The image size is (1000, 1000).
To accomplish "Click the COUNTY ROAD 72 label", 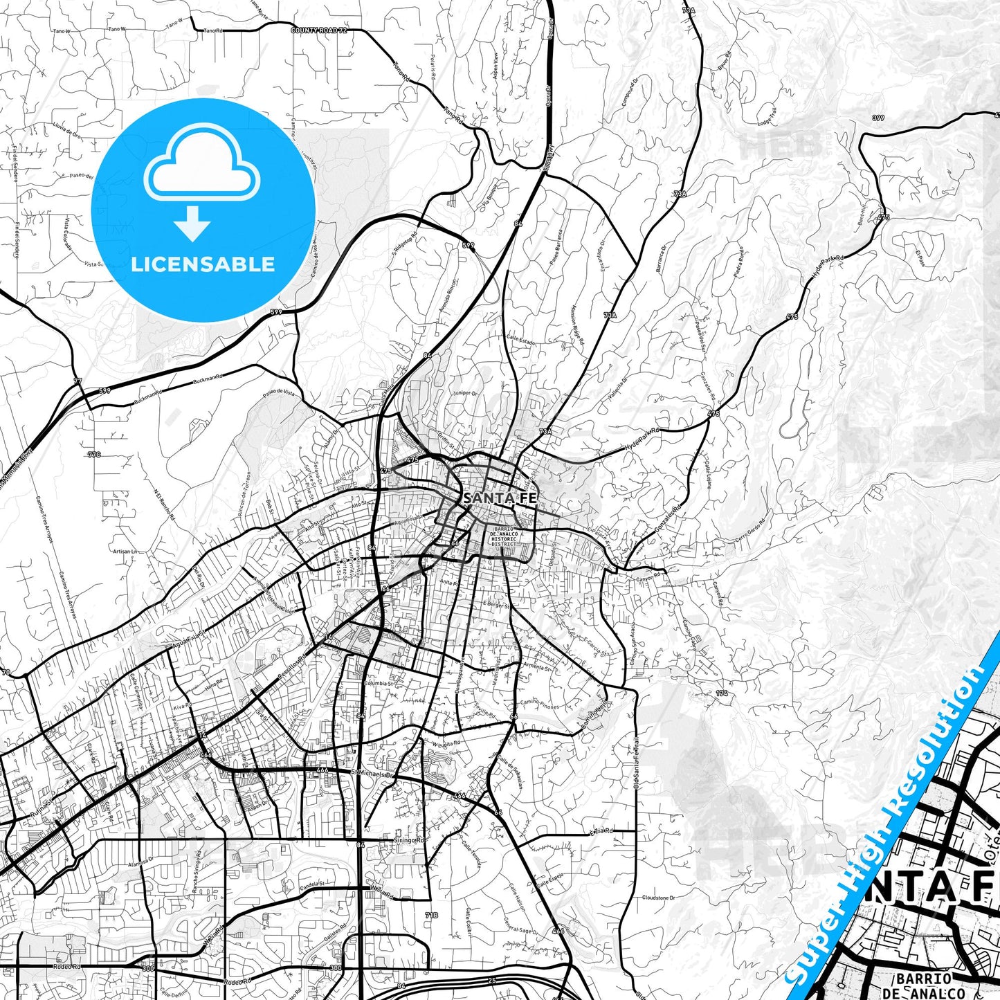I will coord(319,30).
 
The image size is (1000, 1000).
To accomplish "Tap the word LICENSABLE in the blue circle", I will coord(203,264).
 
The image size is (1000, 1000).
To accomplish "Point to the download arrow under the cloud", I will coord(192,224).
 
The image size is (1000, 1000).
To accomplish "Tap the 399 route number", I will coord(878,118).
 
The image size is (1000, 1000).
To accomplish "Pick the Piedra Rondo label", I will coord(738,263).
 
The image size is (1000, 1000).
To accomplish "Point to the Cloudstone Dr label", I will coord(658,898).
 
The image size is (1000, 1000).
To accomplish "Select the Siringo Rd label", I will coord(408,839).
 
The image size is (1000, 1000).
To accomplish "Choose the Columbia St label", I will coord(379,683).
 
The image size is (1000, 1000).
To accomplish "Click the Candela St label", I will coord(312,884).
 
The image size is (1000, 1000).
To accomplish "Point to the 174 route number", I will coord(722,693).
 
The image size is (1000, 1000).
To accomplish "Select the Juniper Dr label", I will coord(464,392).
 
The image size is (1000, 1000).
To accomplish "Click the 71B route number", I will coord(431,915).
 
